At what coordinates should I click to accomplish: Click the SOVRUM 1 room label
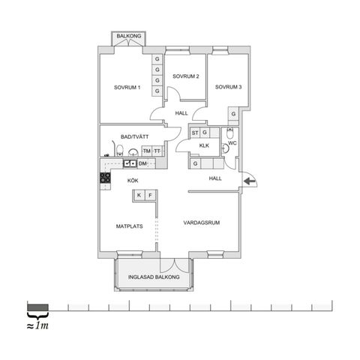[x=127, y=88]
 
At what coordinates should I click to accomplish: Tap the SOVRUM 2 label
[x=186, y=76]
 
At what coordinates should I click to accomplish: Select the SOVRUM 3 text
[x=228, y=87]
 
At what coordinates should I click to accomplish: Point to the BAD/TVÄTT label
[x=134, y=136]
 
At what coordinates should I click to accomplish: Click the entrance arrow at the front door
[x=250, y=181]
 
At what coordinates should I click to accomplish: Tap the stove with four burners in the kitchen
[x=105, y=178]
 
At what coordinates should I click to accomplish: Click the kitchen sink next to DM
[x=130, y=163]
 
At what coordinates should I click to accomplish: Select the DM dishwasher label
[x=142, y=163]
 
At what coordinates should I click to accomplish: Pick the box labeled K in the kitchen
[x=139, y=195]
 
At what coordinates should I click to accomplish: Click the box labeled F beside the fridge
[x=150, y=195]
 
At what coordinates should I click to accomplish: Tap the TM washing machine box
[x=147, y=151]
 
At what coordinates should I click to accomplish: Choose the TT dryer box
[x=157, y=151]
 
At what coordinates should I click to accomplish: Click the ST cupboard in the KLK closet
[x=195, y=133]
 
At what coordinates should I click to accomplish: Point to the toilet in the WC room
[x=229, y=133]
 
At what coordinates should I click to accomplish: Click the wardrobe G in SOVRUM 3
[x=233, y=114]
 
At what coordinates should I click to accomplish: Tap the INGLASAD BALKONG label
[x=154, y=277]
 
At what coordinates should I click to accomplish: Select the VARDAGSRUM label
[x=202, y=223]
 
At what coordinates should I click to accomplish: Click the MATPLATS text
[x=129, y=226]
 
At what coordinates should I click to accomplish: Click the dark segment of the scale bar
[x=37, y=307]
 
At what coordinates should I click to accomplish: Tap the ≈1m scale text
[x=37, y=325]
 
